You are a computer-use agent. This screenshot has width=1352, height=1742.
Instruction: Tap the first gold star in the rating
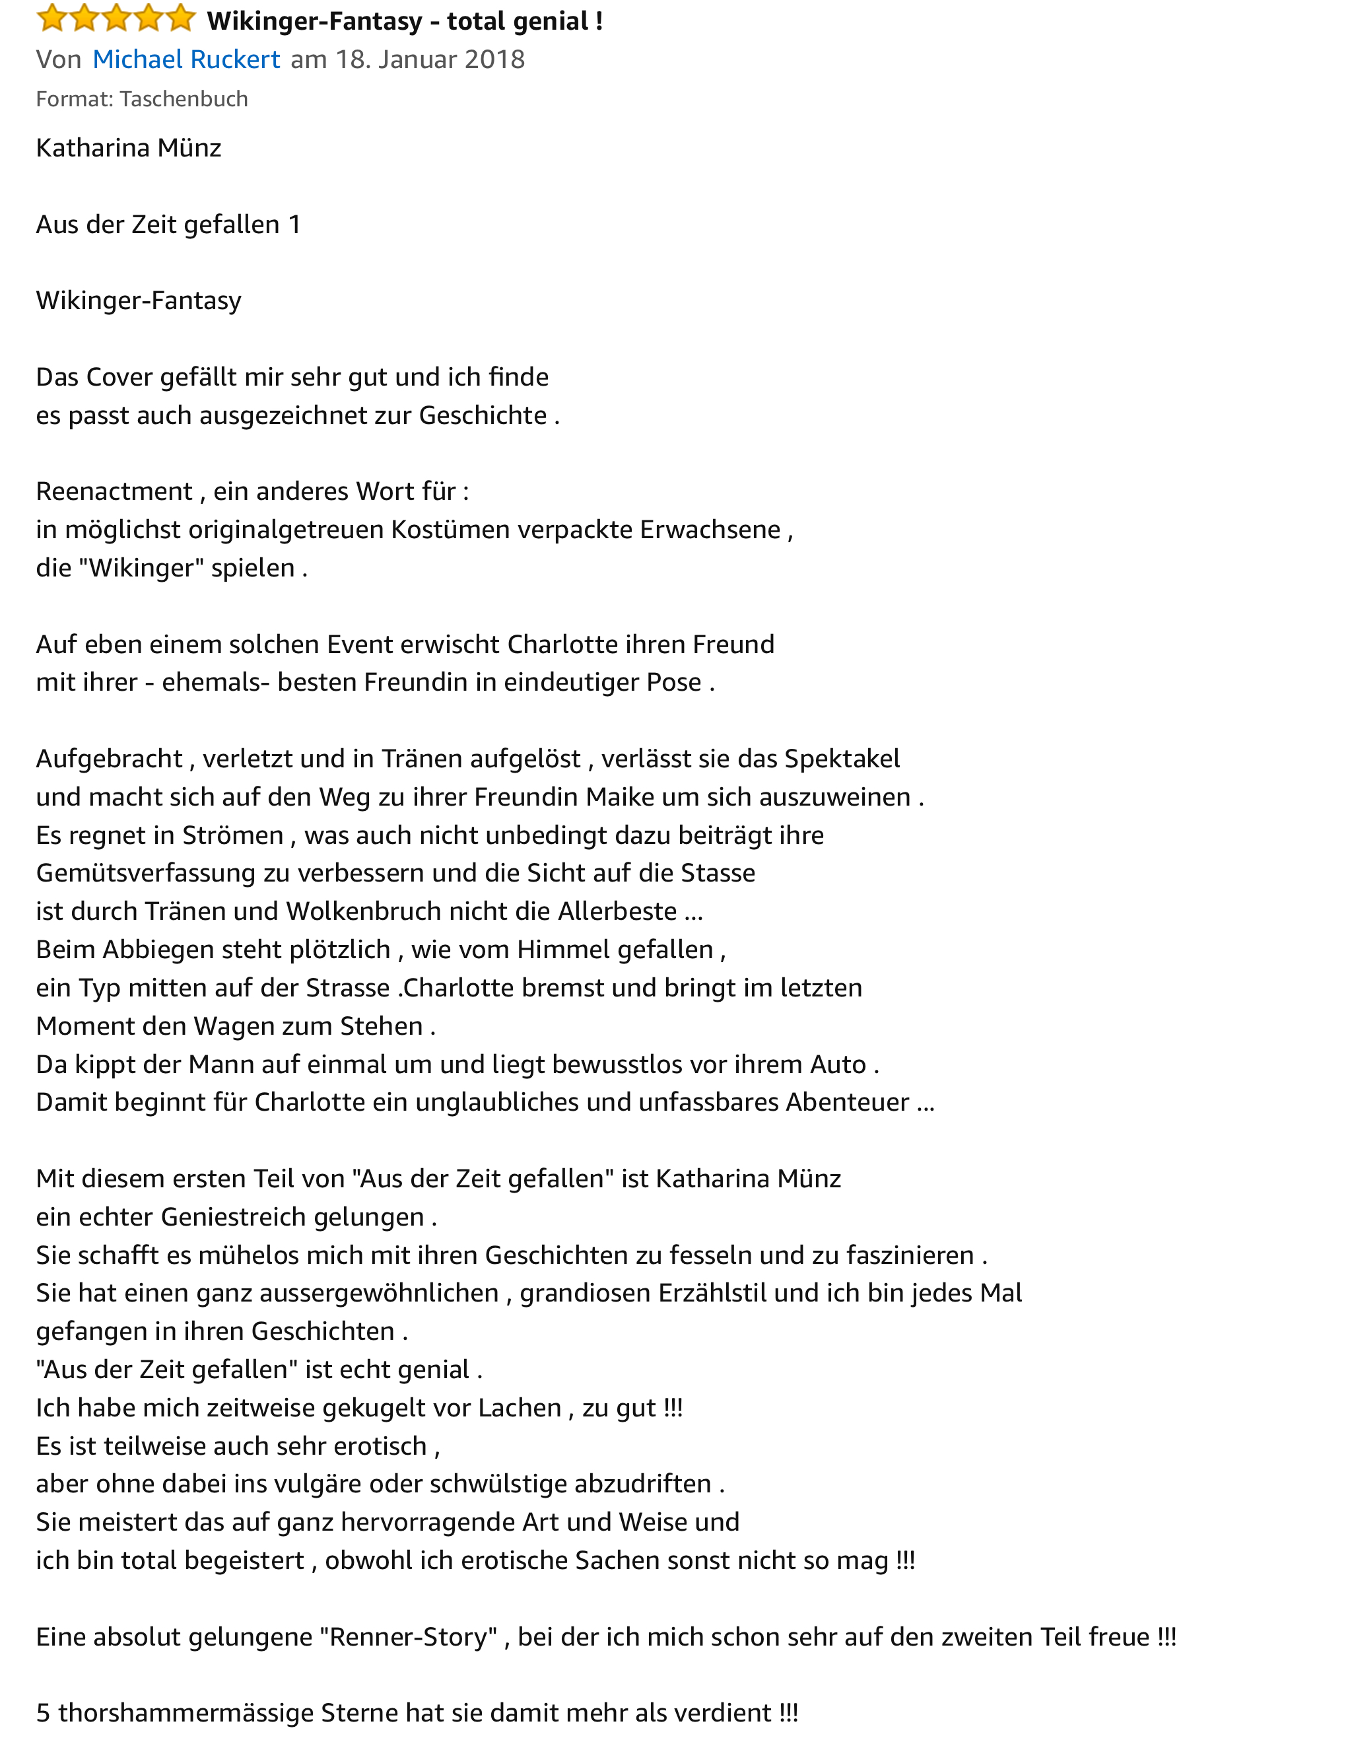coord(51,18)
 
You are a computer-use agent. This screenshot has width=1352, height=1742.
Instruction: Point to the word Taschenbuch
coord(184,99)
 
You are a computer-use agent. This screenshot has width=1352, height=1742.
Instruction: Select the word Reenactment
coord(114,491)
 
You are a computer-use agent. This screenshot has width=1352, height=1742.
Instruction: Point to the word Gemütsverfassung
coord(146,872)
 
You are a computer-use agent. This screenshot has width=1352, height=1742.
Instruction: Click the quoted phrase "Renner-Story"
coord(408,1637)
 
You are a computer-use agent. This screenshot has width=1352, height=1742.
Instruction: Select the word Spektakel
coord(842,759)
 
